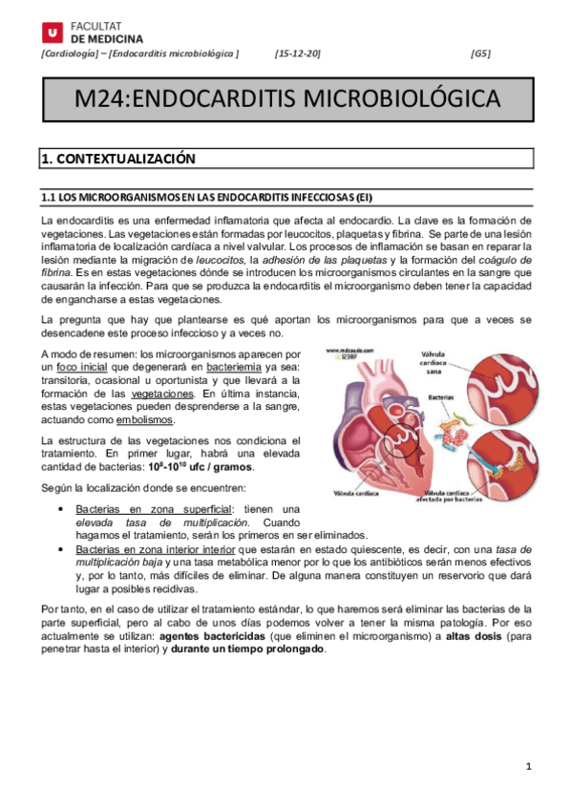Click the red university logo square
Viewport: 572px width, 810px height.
(x=52, y=32)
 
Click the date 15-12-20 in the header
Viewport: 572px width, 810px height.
(x=298, y=53)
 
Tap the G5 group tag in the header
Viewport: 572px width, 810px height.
(x=480, y=53)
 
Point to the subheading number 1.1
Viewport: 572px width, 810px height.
(x=48, y=198)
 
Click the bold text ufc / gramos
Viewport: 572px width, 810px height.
(x=221, y=466)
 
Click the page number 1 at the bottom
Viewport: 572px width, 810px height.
(x=527, y=767)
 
